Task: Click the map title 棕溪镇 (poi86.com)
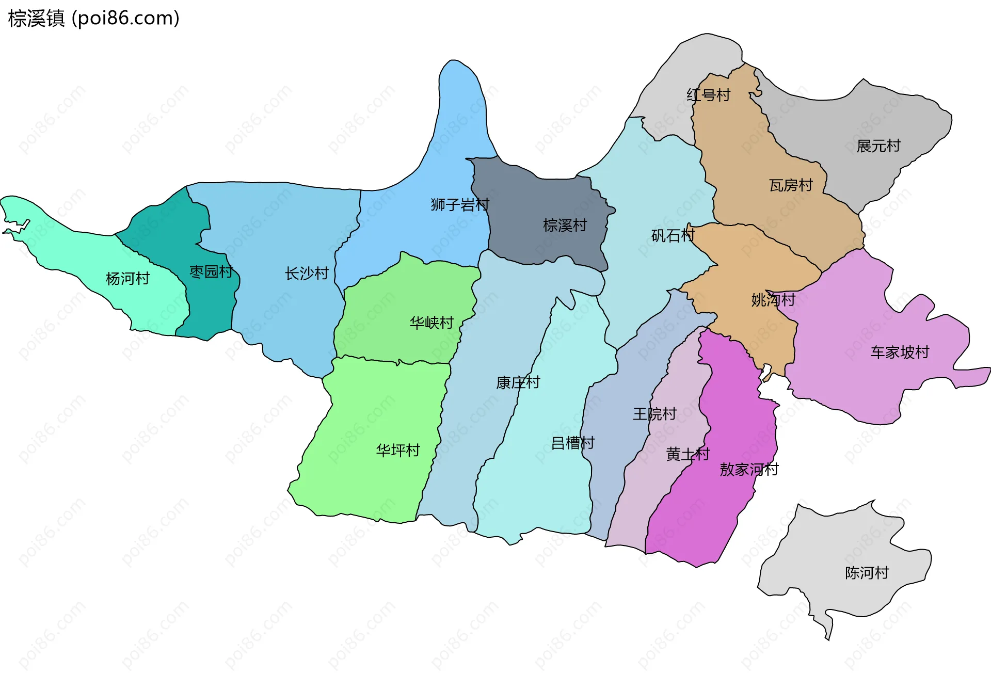[93, 19]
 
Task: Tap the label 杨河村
[127, 279]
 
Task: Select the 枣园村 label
[211, 271]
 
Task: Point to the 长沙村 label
[307, 274]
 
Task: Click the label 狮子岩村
[460, 205]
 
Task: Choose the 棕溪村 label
[565, 226]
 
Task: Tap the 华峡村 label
[431, 323]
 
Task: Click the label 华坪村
[398, 451]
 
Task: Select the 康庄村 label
[518, 382]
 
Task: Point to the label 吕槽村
[573, 443]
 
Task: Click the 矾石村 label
[673, 236]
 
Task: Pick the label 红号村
[708, 95]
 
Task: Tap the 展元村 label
[878, 146]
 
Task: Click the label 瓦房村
[791, 185]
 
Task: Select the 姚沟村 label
[773, 300]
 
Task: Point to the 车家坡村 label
[900, 352]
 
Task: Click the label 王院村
[654, 414]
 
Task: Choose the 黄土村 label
[688, 454]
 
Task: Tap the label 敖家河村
[749, 470]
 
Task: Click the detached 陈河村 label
[867, 573]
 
